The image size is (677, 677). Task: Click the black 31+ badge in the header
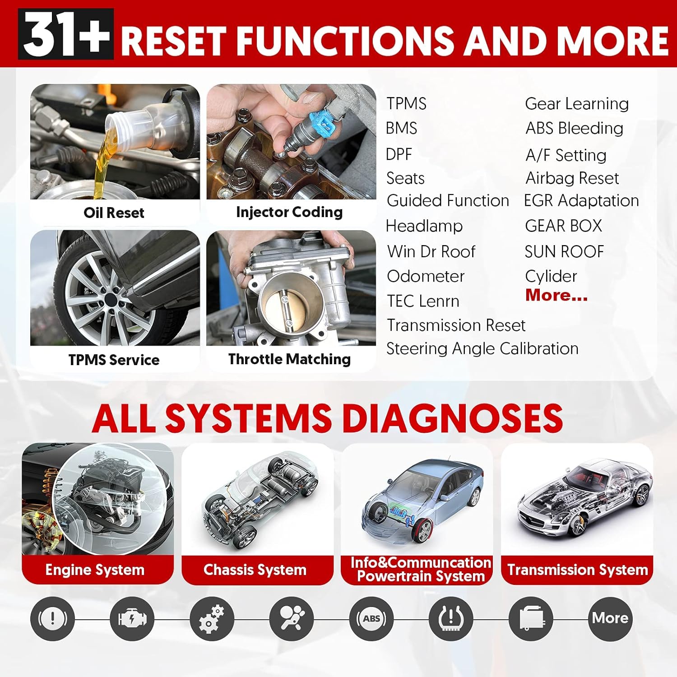coord(66,34)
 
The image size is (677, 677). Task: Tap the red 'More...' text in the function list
coord(556,295)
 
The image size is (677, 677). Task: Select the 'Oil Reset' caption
coord(114,213)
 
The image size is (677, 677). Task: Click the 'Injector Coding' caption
coord(289,212)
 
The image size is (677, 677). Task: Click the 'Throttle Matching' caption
coord(289,359)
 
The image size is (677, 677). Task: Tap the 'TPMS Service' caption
coord(114,360)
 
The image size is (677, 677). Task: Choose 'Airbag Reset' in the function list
coord(572,178)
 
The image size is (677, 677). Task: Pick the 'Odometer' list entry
coord(426,276)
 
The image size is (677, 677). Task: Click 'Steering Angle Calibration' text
coord(482,349)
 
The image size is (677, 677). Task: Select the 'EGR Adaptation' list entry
coord(581,201)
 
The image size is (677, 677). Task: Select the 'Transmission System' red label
coord(577,570)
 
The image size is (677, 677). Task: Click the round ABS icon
coord(371,619)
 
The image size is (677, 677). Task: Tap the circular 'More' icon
coord(611,619)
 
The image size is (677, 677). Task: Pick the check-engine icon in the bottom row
coord(132,619)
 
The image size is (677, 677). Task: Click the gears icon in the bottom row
coord(212,619)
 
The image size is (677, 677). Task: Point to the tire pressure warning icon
coord(451,619)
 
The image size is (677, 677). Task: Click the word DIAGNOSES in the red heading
coord(453,417)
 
